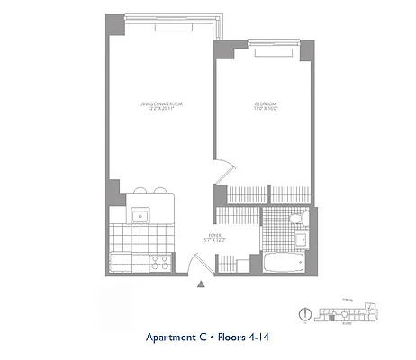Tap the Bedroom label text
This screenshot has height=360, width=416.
click(x=266, y=103)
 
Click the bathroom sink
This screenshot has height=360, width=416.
click(x=303, y=242)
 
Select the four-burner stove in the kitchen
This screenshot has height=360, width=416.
click(x=160, y=263)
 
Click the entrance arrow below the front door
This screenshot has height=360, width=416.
click(x=201, y=285)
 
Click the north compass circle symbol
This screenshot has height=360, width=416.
click(x=304, y=314)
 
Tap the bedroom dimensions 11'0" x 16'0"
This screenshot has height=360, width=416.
click(x=266, y=109)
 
